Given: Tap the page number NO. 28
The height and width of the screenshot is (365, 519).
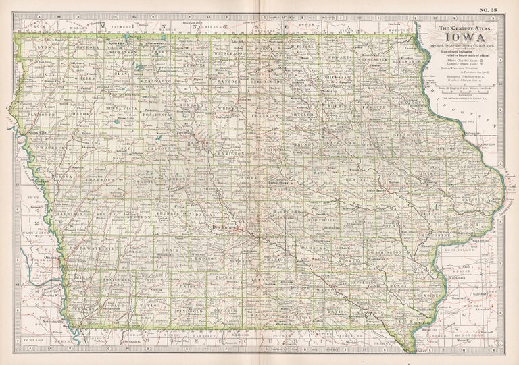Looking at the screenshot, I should [489, 9].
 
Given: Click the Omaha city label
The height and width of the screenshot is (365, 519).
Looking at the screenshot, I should [48, 256].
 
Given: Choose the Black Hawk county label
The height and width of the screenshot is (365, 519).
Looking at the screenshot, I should [336, 143].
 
